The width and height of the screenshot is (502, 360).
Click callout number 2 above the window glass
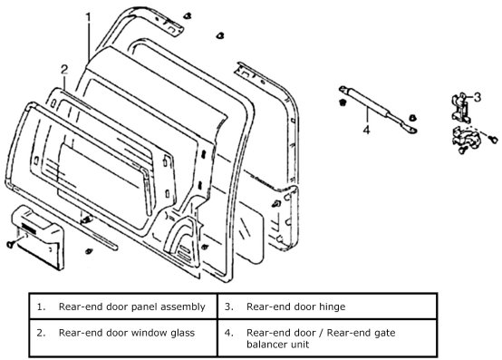coord(64,70)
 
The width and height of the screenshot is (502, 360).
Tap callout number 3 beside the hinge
coord(477,97)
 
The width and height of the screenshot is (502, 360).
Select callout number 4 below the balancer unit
coord(367,130)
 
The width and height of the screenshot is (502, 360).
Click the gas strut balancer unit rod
coord(378,109)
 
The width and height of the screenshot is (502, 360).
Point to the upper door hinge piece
coord(461,107)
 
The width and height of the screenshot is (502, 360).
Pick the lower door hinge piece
coord(463,140)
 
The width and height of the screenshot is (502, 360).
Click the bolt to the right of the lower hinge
coord(494,140)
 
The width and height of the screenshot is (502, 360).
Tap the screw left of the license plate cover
coord(10,244)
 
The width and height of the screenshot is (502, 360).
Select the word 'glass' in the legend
coord(182,333)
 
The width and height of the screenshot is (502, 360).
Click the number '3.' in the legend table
coord(228,306)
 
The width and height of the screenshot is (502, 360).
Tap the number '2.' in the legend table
coord(41,333)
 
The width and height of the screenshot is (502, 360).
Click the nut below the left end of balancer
coord(343,102)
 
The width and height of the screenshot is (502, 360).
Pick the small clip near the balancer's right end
coord(412,118)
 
